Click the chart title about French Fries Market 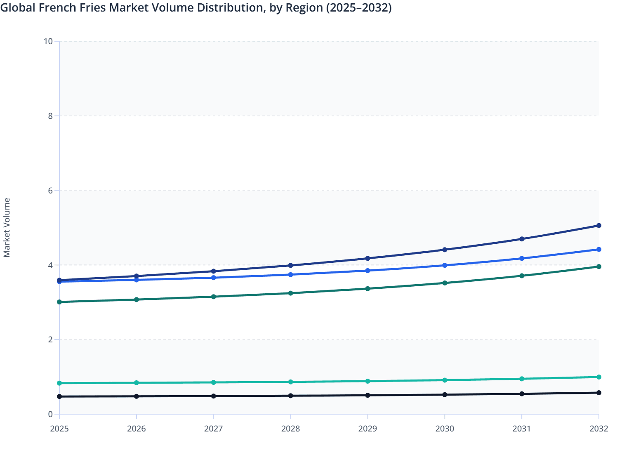click(x=196, y=7)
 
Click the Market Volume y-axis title click(x=7, y=228)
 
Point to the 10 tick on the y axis click(x=48, y=41)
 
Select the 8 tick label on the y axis click(x=50, y=116)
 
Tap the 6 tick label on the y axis click(x=50, y=191)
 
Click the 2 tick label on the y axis click(x=50, y=339)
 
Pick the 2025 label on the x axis click(x=59, y=429)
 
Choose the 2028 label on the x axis click(x=290, y=429)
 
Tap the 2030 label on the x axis click(x=445, y=429)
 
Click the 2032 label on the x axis click(x=598, y=429)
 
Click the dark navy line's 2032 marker click(x=598, y=226)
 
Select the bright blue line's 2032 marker click(x=598, y=250)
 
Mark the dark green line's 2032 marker click(x=598, y=266)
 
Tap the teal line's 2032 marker click(x=598, y=377)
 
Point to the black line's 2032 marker click(x=598, y=393)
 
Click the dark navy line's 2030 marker click(x=445, y=250)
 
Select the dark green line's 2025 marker click(x=59, y=302)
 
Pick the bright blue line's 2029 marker click(x=368, y=271)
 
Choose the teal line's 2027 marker click(x=214, y=382)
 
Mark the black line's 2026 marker click(x=137, y=396)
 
